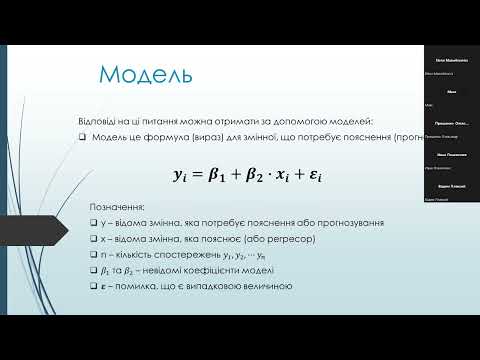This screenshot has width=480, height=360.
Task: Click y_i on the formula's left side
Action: [180, 176]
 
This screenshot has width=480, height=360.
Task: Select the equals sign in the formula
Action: [201, 176]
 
